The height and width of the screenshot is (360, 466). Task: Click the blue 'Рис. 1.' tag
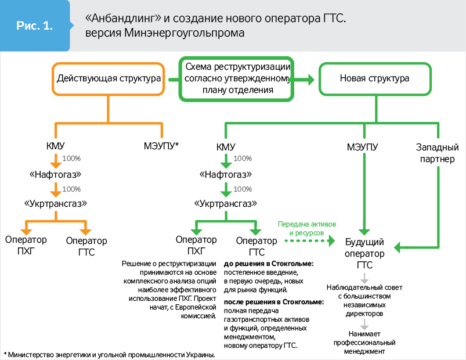pyautogui.click(x=35, y=26)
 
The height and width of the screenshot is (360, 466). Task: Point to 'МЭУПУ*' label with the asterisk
pyautogui.click(x=161, y=146)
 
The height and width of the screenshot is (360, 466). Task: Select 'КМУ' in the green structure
pyautogui.click(x=225, y=146)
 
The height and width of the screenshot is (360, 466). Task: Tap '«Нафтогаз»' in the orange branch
pyautogui.click(x=55, y=174)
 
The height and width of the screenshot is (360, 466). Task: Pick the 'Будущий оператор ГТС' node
pyautogui.click(x=364, y=253)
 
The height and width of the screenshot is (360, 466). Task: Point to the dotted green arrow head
pyautogui.click(x=333, y=240)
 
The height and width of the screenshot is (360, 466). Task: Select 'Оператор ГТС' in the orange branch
pyautogui.click(x=86, y=246)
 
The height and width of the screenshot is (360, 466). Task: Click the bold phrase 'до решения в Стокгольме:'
pyautogui.click(x=269, y=264)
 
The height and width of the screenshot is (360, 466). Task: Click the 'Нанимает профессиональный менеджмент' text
pyautogui.click(x=364, y=343)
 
